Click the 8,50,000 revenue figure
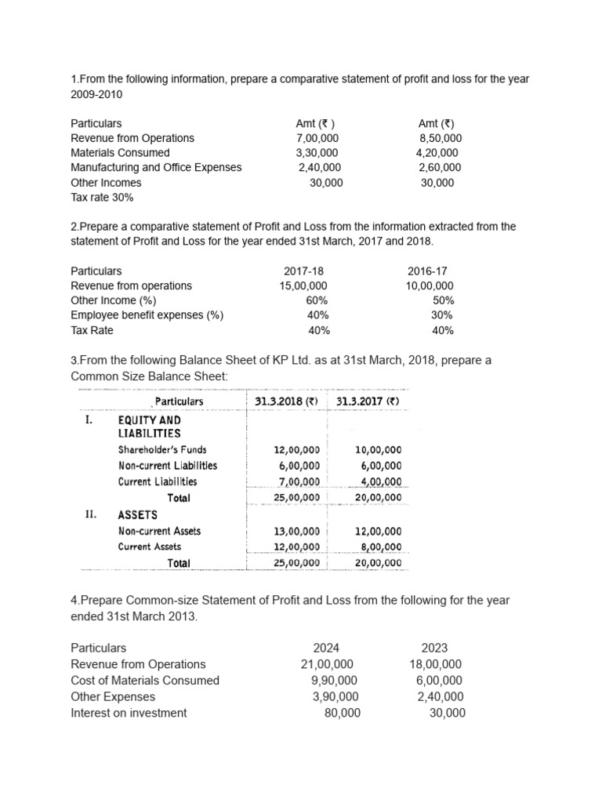[440, 138]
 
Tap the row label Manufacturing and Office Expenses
[156, 167]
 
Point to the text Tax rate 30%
[102, 197]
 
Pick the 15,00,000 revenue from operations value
[303, 285]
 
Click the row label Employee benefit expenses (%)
[147, 315]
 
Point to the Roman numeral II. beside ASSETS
[90, 514]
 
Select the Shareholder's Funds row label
[162, 450]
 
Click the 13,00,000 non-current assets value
[296, 531]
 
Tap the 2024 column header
[326, 648]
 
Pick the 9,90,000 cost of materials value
[334, 681]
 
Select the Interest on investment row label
[129, 713]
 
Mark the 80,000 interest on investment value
[343, 713]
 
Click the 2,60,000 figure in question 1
[440, 167]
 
